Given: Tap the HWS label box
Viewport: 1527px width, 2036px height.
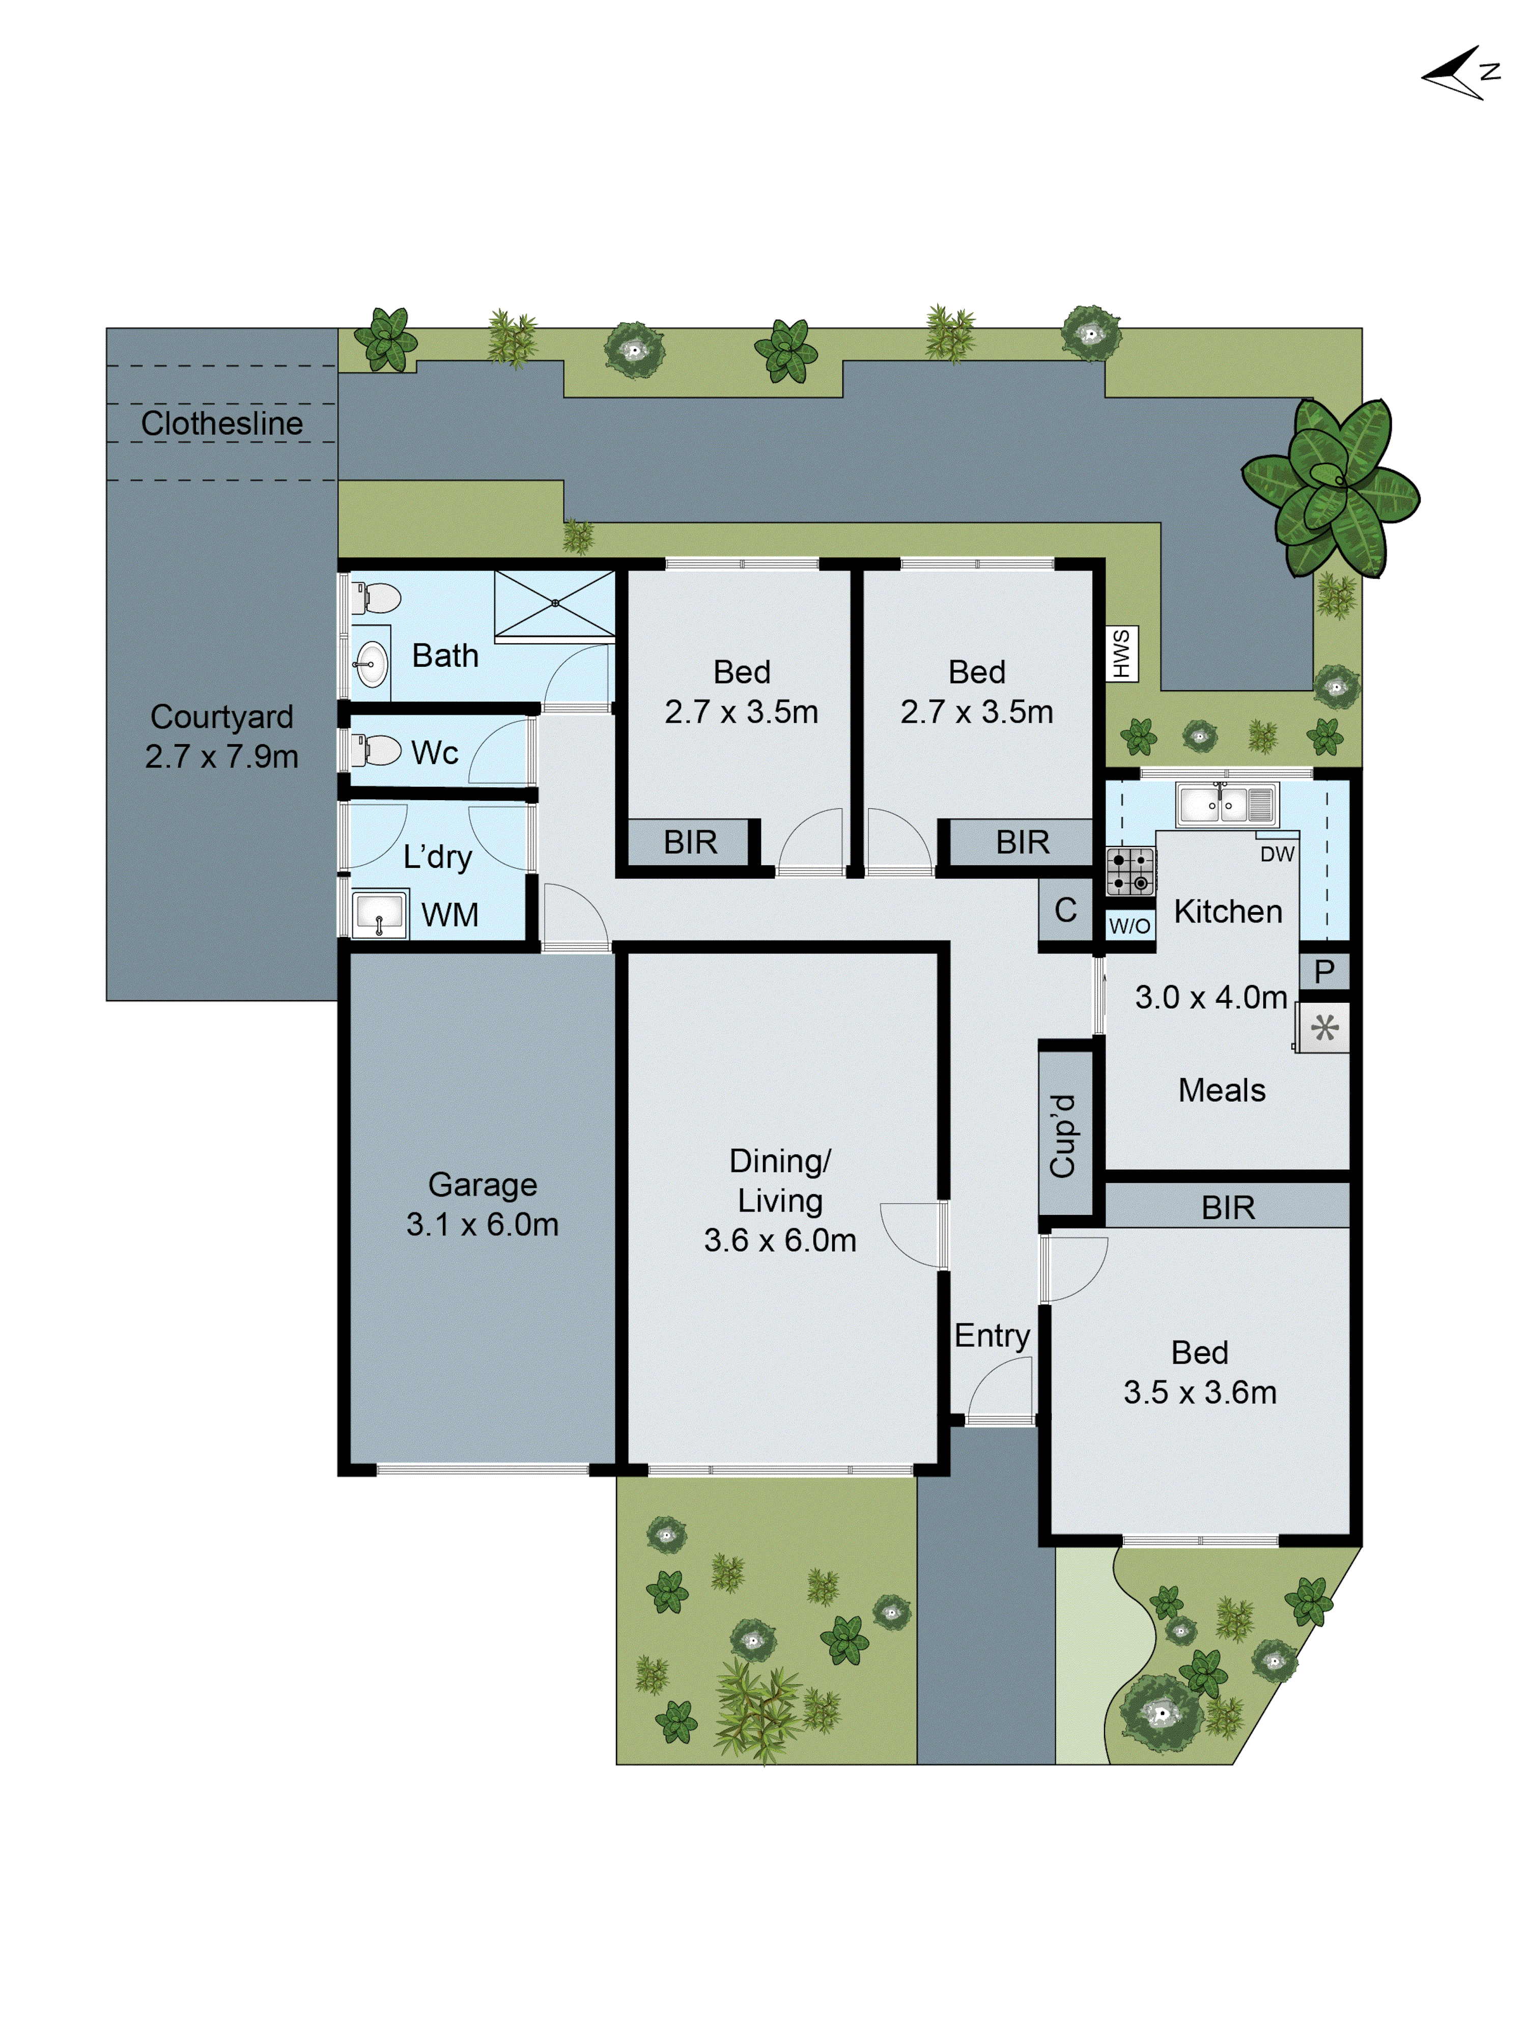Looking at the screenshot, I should (x=1121, y=654).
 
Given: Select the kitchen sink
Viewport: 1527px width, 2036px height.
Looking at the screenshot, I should (x=1226, y=804).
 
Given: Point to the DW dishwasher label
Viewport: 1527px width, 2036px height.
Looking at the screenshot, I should (x=1277, y=854).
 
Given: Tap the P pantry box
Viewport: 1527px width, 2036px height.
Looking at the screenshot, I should (x=1323, y=971).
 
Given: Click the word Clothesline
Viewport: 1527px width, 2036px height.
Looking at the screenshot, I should (x=222, y=423).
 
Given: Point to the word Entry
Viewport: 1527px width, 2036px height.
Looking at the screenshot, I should (x=992, y=1336).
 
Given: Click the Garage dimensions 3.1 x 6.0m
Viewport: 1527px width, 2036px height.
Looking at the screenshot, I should (x=483, y=1224).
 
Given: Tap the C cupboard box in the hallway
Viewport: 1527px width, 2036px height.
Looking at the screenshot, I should (x=1065, y=910).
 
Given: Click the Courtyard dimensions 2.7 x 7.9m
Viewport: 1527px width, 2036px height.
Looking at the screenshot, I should (x=222, y=756).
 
